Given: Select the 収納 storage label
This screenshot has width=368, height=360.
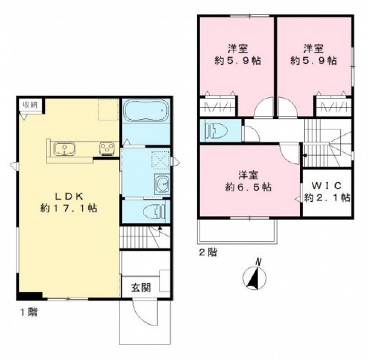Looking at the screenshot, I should [x=29, y=105].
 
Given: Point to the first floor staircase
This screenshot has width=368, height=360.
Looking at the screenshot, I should [x=144, y=237].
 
